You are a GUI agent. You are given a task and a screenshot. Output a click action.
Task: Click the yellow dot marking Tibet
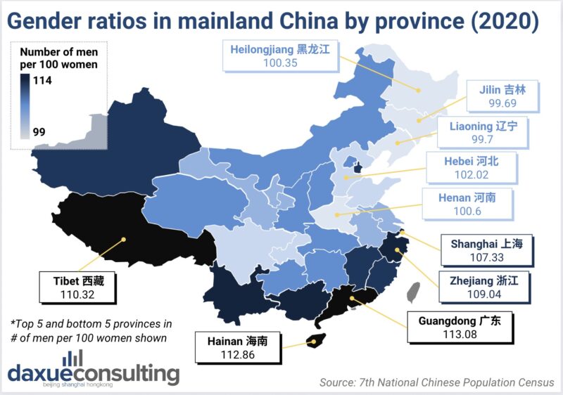[x=124, y=240]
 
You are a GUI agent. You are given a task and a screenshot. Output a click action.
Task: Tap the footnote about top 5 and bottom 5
[x=91, y=330]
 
